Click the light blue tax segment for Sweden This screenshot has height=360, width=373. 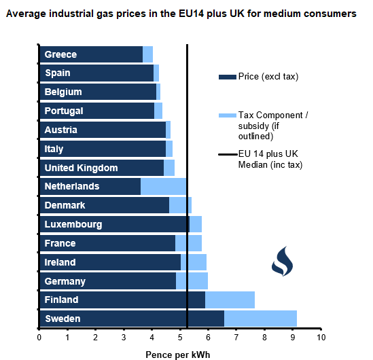(260, 319)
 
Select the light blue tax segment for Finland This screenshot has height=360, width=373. (230, 300)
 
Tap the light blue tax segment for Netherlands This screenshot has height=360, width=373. (163, 186)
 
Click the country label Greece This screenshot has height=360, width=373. (60, 54)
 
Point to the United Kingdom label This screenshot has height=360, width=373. (81, 168)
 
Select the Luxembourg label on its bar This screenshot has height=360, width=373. (73, 224)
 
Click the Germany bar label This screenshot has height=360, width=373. (65, 281)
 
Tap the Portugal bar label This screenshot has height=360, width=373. (64, 111)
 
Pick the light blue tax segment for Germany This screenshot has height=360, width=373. (192, 281)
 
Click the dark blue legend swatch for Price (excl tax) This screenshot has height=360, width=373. (227, 77)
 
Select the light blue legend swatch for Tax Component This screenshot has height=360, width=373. (227, 116)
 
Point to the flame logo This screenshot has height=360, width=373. (281, 260)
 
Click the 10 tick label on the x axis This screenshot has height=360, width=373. (321, 337)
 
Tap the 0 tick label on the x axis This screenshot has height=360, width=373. (39, 337)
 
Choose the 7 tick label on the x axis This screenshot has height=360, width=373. (236, 337)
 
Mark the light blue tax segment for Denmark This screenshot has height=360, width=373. (180, 205)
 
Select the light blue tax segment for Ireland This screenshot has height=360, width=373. (194, 262)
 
